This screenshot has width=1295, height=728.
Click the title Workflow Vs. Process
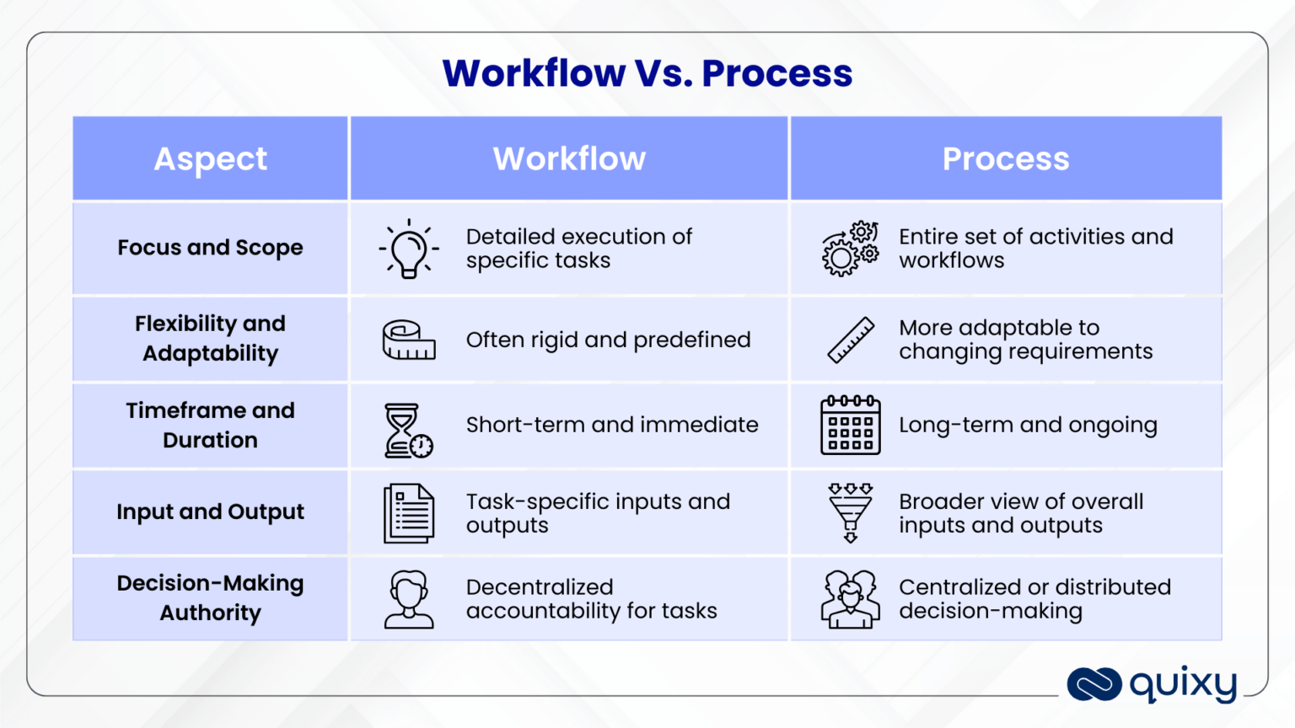[x=647, y=73]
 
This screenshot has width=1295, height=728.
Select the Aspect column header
[x=211, y=158]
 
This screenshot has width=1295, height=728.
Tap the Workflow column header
[x=569, y=158]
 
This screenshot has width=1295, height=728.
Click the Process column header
[x=1005, y=158]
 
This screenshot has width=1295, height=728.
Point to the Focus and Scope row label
[x=210, y=248]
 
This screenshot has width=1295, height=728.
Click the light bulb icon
[x=409, y=249]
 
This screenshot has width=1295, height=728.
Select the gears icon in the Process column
[x=850, y=249]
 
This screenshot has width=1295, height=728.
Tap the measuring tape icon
[x=409, y=340]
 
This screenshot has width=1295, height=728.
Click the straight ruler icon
[x=851, y=340]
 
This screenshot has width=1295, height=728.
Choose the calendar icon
[x=850, y=426]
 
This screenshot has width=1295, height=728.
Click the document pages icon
[x=409, y=512]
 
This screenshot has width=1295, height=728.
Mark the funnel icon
[x=850, y=512]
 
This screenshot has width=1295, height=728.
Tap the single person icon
[x=409, y=599]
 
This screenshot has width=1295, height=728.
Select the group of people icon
[x=850, y=599]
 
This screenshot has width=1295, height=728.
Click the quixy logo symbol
[x=1093, y=684]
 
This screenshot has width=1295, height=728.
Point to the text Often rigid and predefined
[x=608, y=340]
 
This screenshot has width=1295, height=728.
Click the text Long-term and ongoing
[x=1028, y=425]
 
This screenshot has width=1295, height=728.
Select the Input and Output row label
[x=210, y=511]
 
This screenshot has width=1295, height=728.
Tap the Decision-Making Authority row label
[x=210, y=597]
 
